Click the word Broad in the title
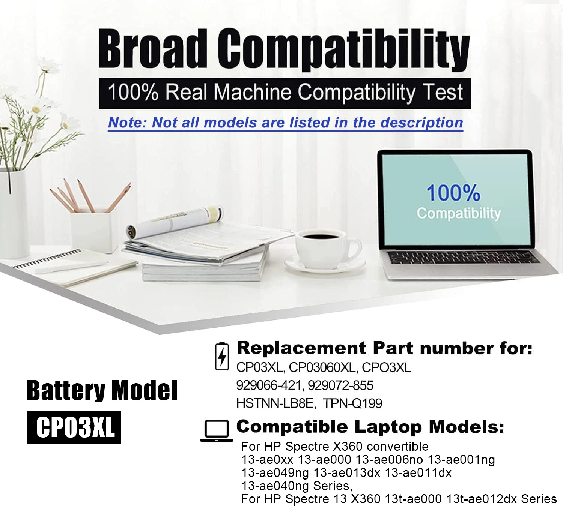pos(152,49)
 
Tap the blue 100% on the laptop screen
pos(453,193)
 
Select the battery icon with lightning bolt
pos(222,356)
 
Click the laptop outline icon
pos(217,431)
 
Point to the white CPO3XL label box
pos(74,427)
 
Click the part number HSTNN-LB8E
pos(275,403)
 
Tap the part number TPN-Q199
pos(352,403)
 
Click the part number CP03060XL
pos(322,367)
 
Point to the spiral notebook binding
pos(47,258)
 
